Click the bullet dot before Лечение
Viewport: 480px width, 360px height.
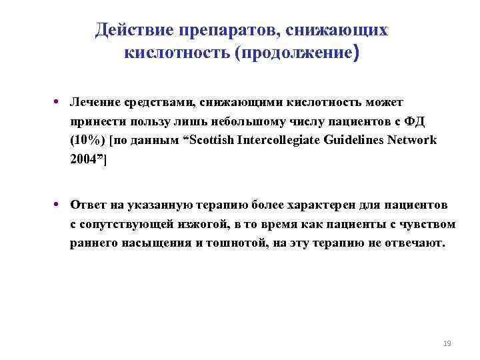point(59,102)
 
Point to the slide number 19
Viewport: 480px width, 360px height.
point(447,344)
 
